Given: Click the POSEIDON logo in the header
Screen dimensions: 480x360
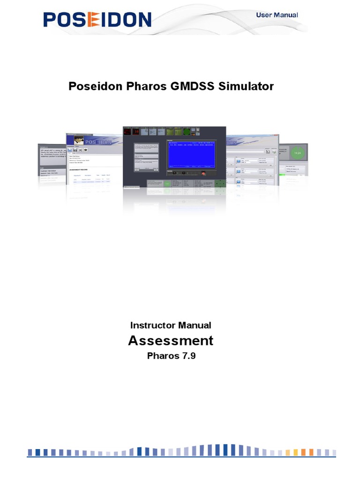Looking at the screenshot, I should coord(97,20).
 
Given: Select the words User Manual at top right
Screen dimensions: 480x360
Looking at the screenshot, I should coord(277,15).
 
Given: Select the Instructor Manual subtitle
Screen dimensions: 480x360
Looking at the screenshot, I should coord(171,325).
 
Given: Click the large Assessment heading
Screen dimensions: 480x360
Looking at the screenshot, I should coord(171,340).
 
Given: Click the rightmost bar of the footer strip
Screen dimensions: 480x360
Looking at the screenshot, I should coord(333,452).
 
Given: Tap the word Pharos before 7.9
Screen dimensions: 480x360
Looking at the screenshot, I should coord(160,356).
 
